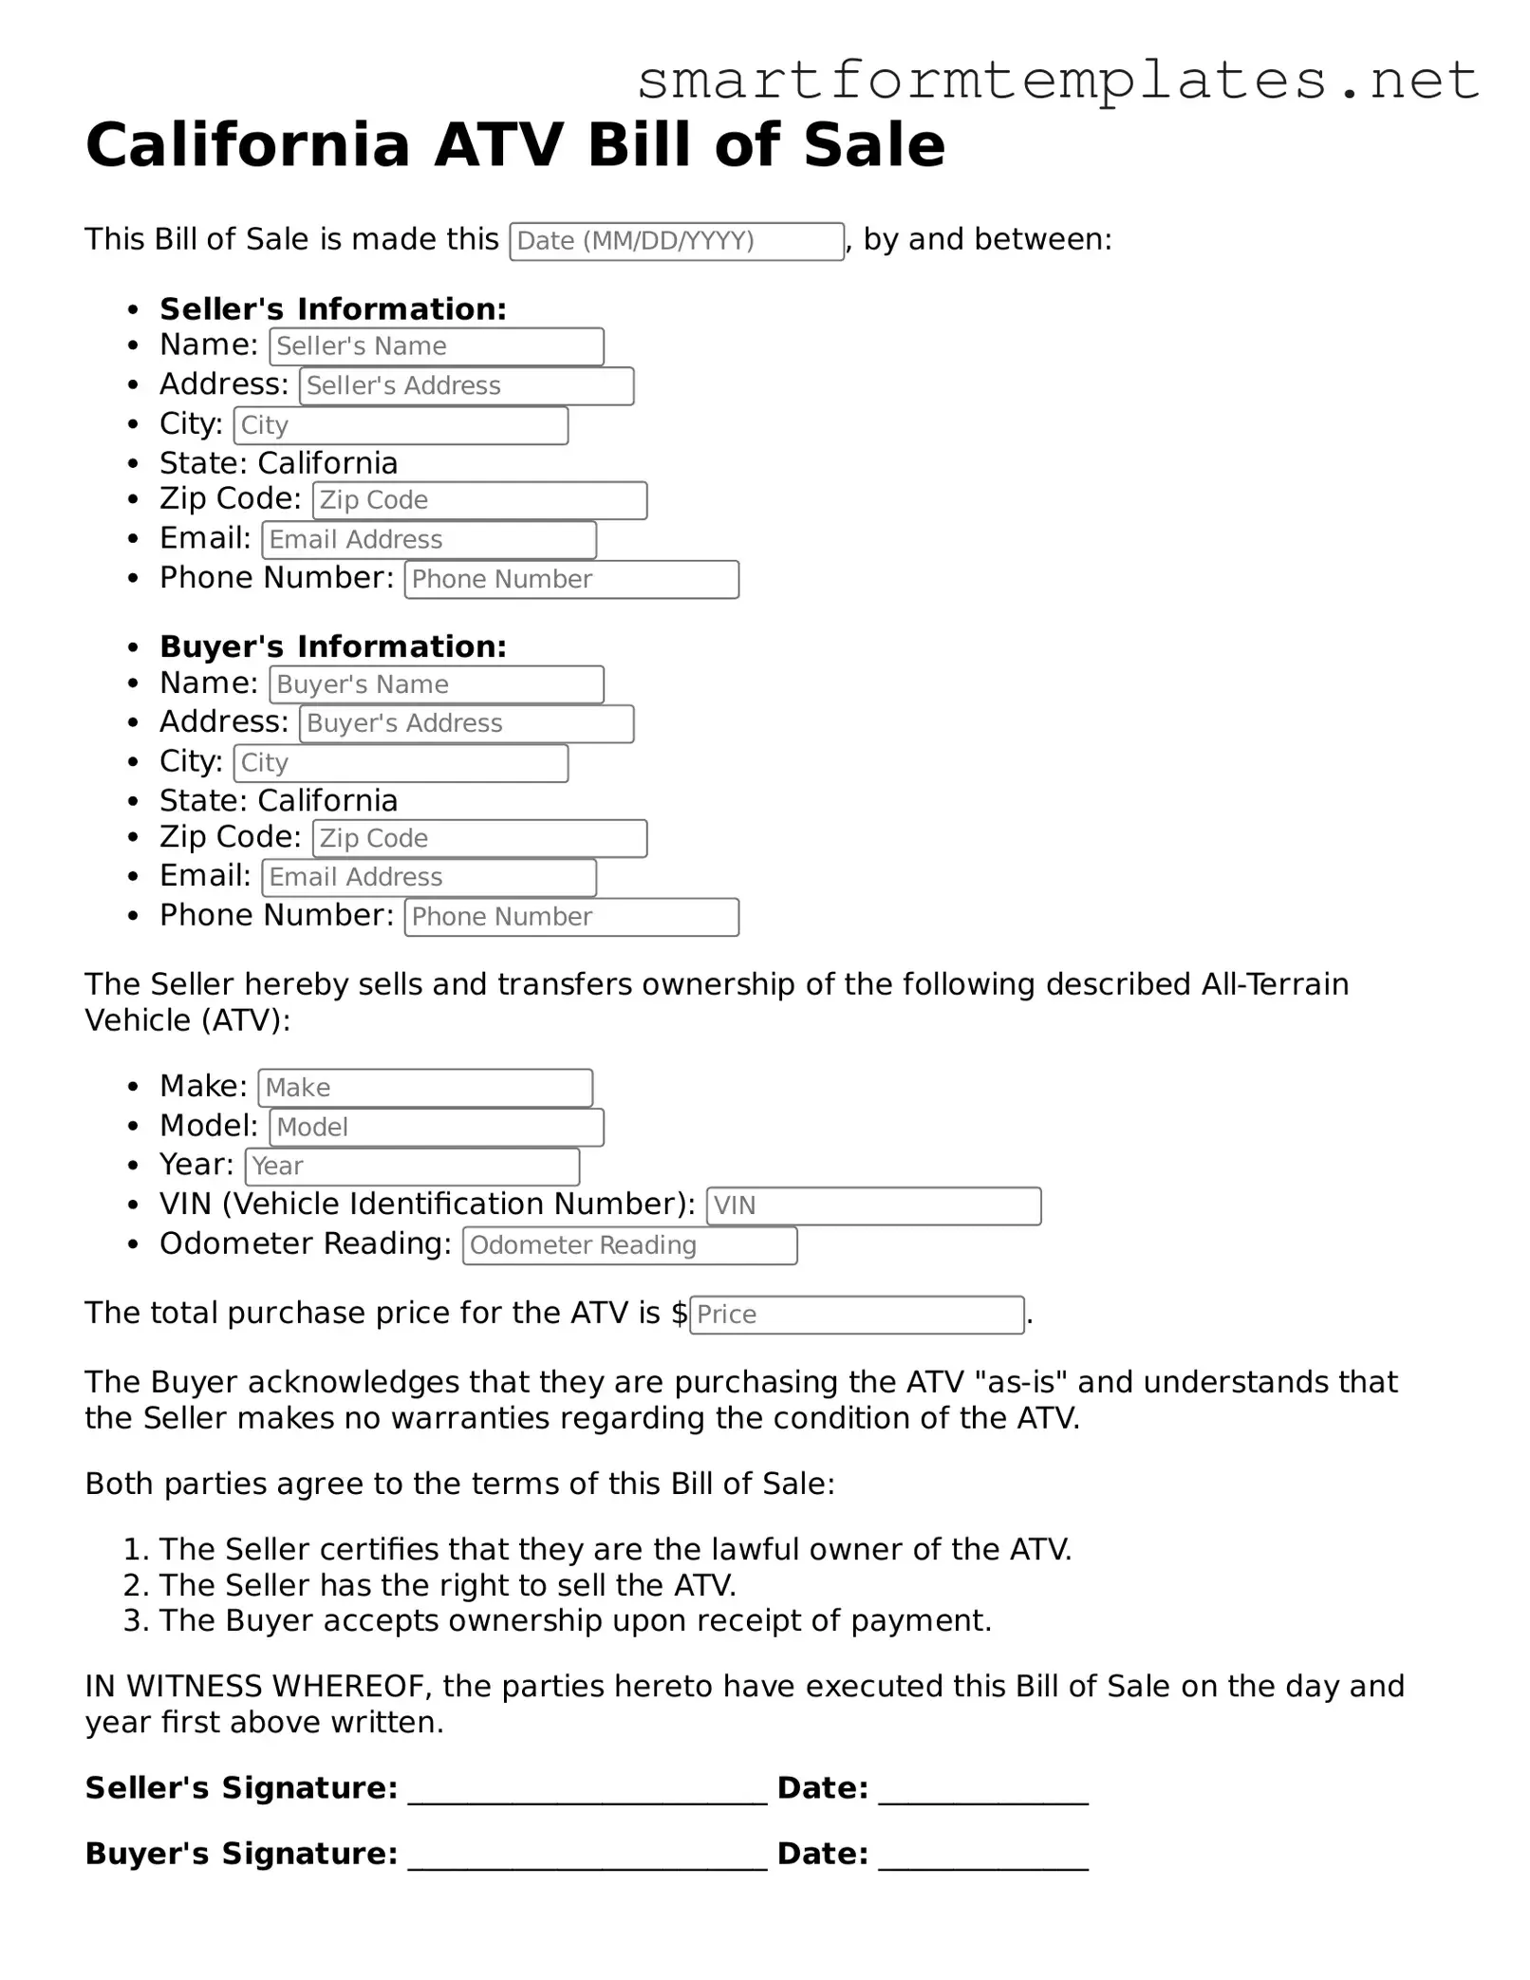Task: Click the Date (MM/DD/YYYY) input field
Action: [x=676, y=241]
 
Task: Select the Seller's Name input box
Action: [x=437, y=346]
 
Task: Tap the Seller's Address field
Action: [x=466, y=386]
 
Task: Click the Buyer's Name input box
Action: [x=437, y=684]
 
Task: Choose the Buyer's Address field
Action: [x=466, y=724]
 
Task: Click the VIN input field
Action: [x=873, y=1205]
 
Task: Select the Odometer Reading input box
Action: [x=629, y=1245]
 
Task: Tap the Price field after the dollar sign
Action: [x=856, y=1315]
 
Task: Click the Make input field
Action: [x=425, y=1088]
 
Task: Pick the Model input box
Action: [x=437, y=1128]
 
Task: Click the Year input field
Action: [x=412, y=1167]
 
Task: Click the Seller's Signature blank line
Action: [x=587, y=1790]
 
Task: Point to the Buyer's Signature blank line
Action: [x=587, y=1856]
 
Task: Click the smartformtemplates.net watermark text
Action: [x=1057, y=80]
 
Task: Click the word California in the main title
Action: [x=247, y=146]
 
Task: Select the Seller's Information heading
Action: [x=333, y=309]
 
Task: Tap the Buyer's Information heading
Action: [x=333, y=646]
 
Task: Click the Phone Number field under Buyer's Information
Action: [x=571, y=917]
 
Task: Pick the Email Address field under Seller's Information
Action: [x=429, y=540]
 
